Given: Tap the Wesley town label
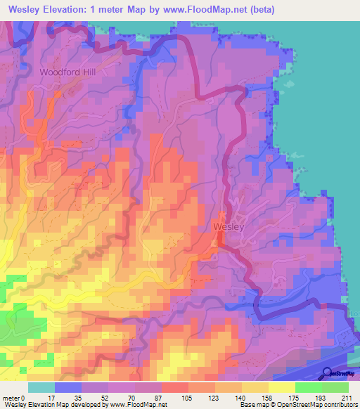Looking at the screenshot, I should click(x=228, y=227).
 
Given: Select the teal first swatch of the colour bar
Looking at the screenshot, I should click(x=41, y=387).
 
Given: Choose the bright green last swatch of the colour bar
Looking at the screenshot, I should click(x=335, y=387).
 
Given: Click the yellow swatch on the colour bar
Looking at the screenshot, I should click(x=282, y=387).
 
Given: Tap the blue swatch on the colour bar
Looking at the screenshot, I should click(x=68, y=387).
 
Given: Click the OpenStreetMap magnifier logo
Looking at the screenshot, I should click(x=328, y=372).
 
